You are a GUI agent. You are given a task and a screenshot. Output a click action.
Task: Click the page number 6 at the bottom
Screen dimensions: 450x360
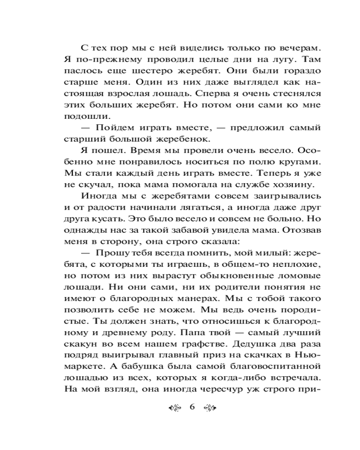coord(192,408)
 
